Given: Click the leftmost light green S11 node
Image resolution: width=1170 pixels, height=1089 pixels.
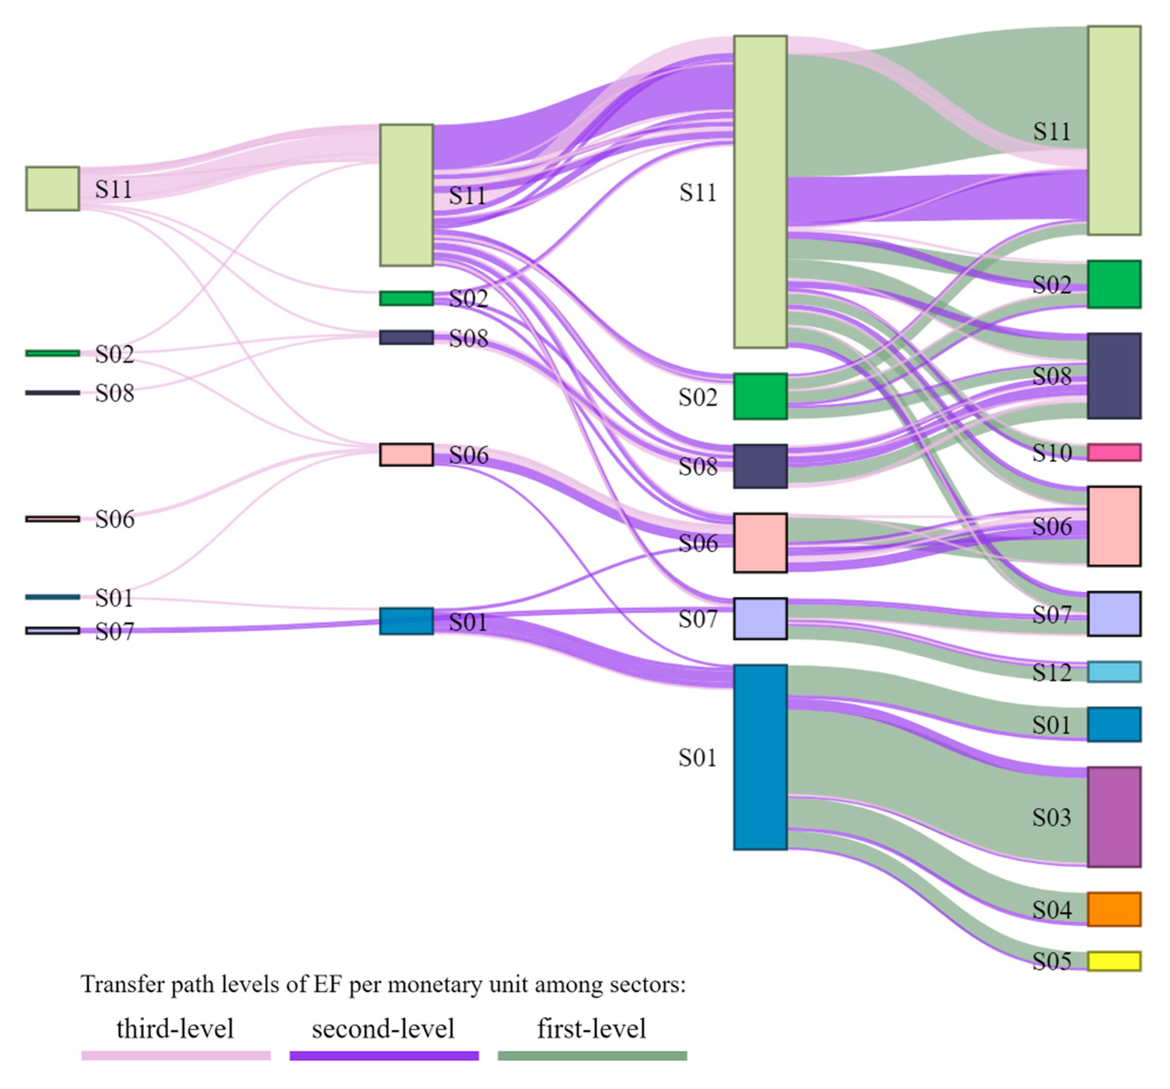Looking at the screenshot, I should coord(52,189).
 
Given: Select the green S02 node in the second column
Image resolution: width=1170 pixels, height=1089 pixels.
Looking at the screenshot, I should coord(406,298).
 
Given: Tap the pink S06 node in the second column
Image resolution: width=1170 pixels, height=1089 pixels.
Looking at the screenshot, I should coord(406,454).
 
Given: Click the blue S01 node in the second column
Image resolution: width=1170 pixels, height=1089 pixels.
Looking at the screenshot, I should coord(406,621).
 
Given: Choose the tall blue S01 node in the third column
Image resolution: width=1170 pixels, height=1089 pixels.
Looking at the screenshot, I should coord(760,757).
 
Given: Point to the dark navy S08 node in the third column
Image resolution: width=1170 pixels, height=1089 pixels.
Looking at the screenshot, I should coord(760,466).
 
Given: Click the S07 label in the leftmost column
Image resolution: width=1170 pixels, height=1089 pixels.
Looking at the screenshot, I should coord(114,632).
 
